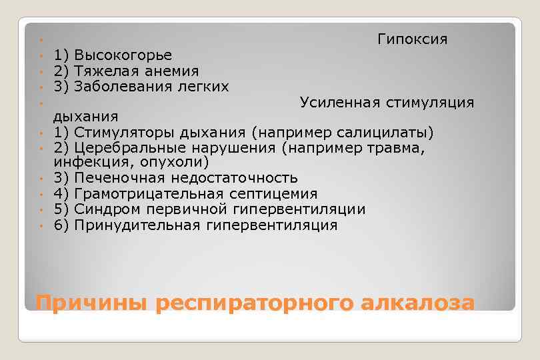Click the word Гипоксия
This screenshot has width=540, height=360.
[x=412, y=39]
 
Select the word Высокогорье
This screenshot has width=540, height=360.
[x=123, y=55]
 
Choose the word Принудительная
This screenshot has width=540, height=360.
[x=137, y=225]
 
